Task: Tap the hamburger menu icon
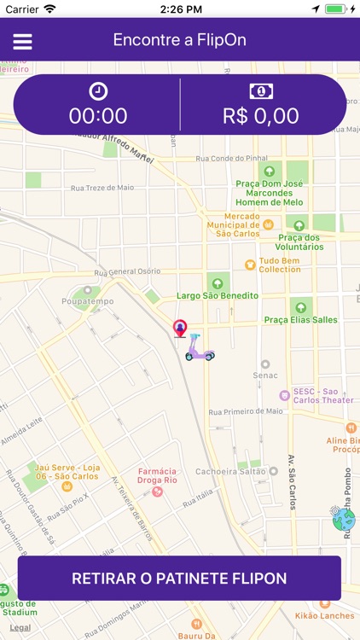(x=22, y=41)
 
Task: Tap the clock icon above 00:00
(x=97, y=91)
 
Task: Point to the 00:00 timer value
(x=98, y=116)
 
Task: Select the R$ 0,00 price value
(x=261, y=116)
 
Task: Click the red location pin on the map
(x=180, y=328)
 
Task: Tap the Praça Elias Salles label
(x=300, y=319)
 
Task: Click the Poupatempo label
(x=87, y=301)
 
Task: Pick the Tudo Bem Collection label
(x=280, y=265)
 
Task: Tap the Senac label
(x=265, y=375)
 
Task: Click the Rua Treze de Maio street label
(x=102, y=188)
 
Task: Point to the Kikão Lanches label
(x=326, y=615)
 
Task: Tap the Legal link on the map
(x=20, y=627)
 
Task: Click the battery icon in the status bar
(x=339, y=9)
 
